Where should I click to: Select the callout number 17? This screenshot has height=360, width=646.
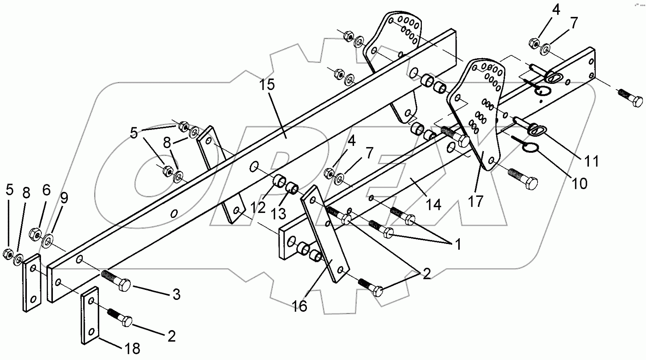coord(475,201)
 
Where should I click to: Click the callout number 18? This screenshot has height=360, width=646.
coord(131,349)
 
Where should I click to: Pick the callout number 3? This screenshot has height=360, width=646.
coord(176,295)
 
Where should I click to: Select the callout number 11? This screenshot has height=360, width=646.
coord(591,161)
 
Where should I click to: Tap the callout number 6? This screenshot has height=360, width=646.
coord(46,190)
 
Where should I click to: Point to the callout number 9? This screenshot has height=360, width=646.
coord(64,198)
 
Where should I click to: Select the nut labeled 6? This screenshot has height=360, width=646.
coord(36,234)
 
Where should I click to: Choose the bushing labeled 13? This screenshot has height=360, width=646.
coord(293,188)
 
